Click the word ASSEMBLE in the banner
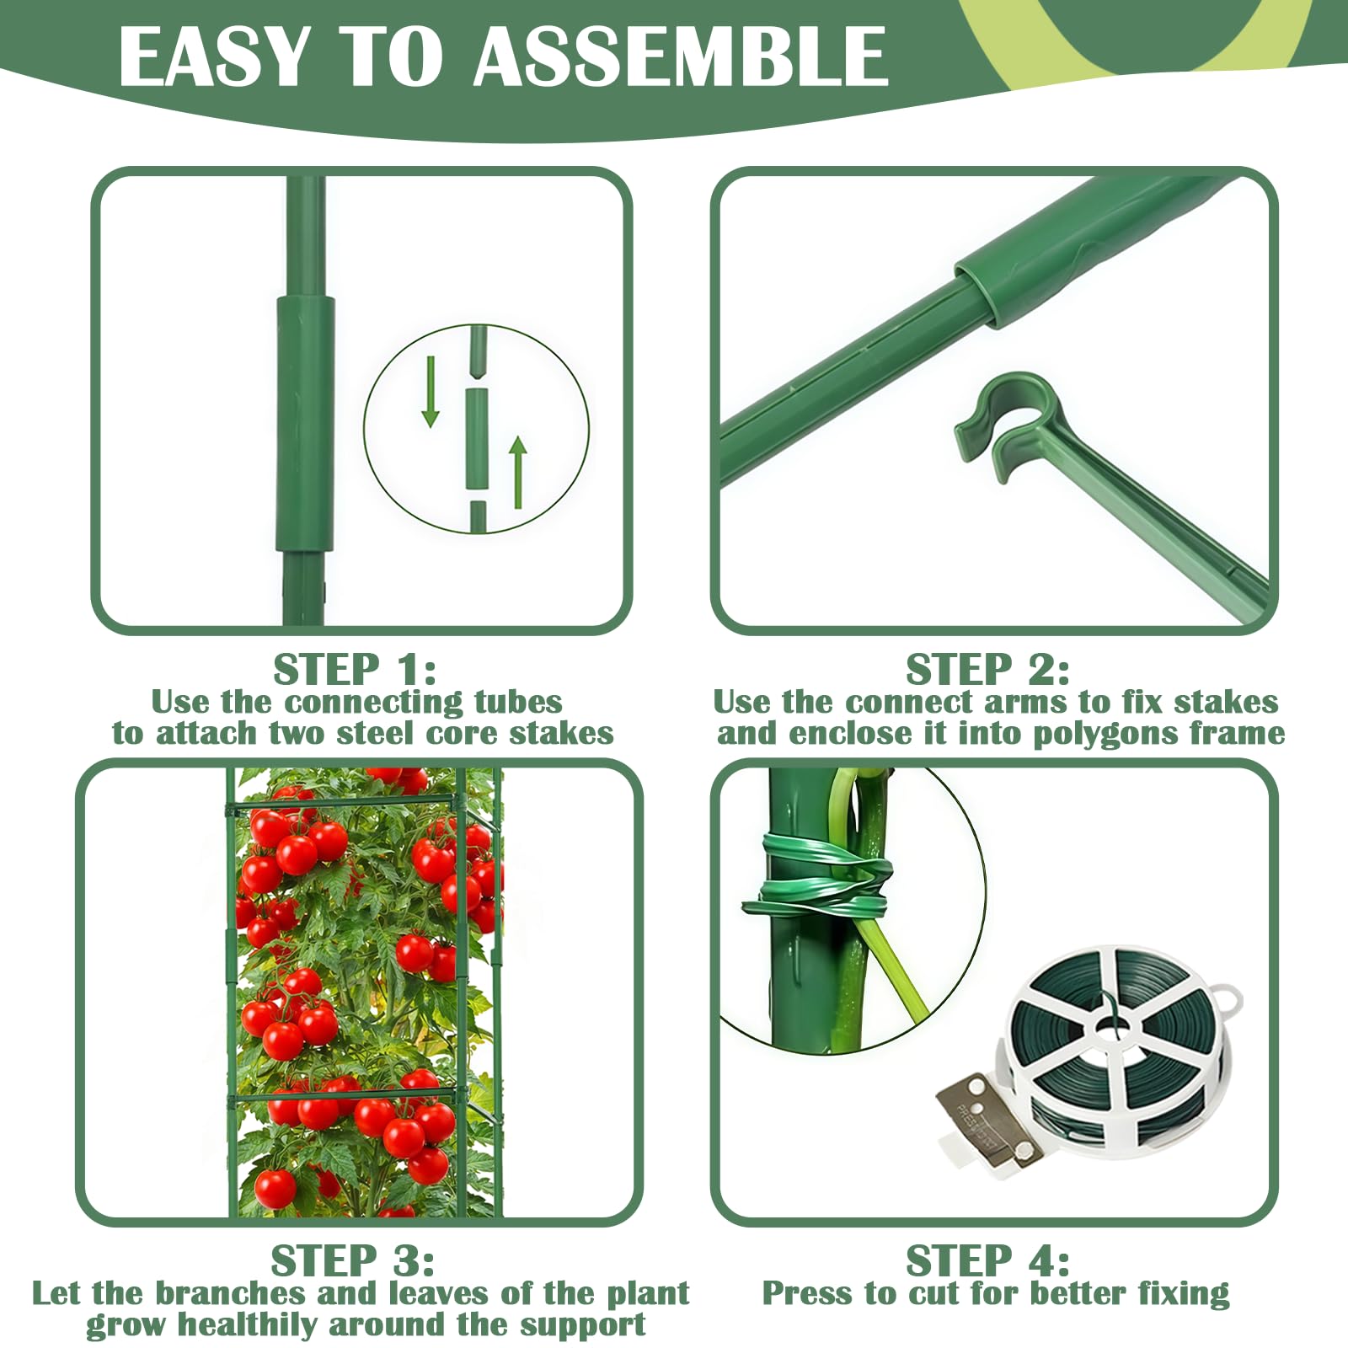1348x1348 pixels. (x=682, y=56)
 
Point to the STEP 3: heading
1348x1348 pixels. (x=352, y=1261)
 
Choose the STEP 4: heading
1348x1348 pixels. (x=987, y=1261)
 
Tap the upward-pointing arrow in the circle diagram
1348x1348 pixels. (x=518, y=473)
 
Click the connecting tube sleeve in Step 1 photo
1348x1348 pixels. (x=305, y=424)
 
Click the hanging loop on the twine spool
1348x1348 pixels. (x=1228, y=1000)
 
